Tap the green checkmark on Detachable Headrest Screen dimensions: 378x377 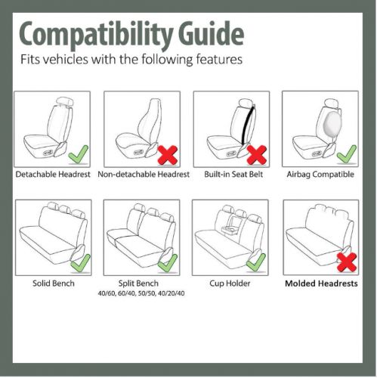[x=77, y=156]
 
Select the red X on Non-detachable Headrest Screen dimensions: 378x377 [x=167, y=155]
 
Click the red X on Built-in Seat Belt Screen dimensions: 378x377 [x=258, y=156]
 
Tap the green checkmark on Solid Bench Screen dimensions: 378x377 [x=78, y=262]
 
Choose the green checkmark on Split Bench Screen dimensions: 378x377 [x=167, y=262]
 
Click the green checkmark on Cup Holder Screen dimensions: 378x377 [x=257, y=262]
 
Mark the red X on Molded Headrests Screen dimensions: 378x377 [x=346, y=262]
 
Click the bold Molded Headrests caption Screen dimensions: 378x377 [x=320, y=284]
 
